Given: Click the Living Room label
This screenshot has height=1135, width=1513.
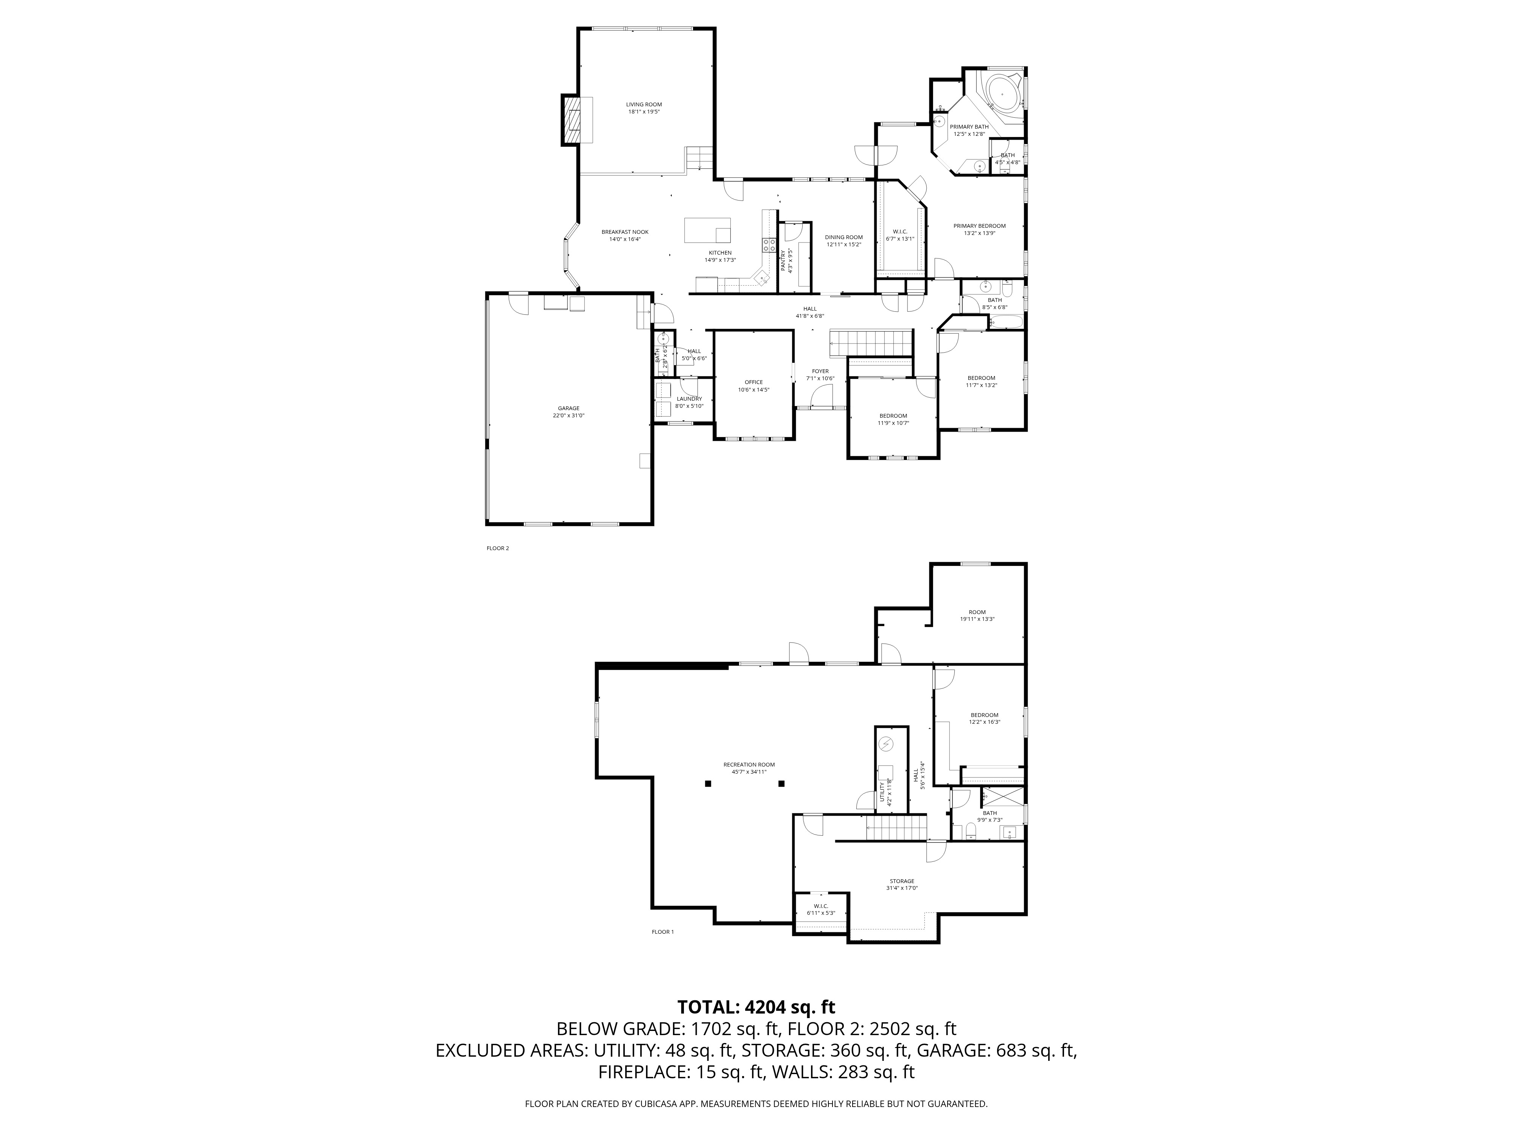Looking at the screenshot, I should [644, 105].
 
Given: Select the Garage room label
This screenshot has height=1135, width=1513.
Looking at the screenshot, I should [569, 409].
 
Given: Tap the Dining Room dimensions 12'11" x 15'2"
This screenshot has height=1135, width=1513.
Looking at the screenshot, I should [843, 244].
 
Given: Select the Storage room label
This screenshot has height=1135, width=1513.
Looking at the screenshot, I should [901, 881].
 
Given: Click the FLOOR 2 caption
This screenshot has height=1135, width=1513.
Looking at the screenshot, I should [497, 548].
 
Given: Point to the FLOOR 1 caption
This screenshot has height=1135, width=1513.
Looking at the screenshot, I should [662, 932].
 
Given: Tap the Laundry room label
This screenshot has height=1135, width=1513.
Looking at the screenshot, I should [689, 399].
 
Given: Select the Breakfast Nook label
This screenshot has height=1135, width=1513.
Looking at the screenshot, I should [624, 232].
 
